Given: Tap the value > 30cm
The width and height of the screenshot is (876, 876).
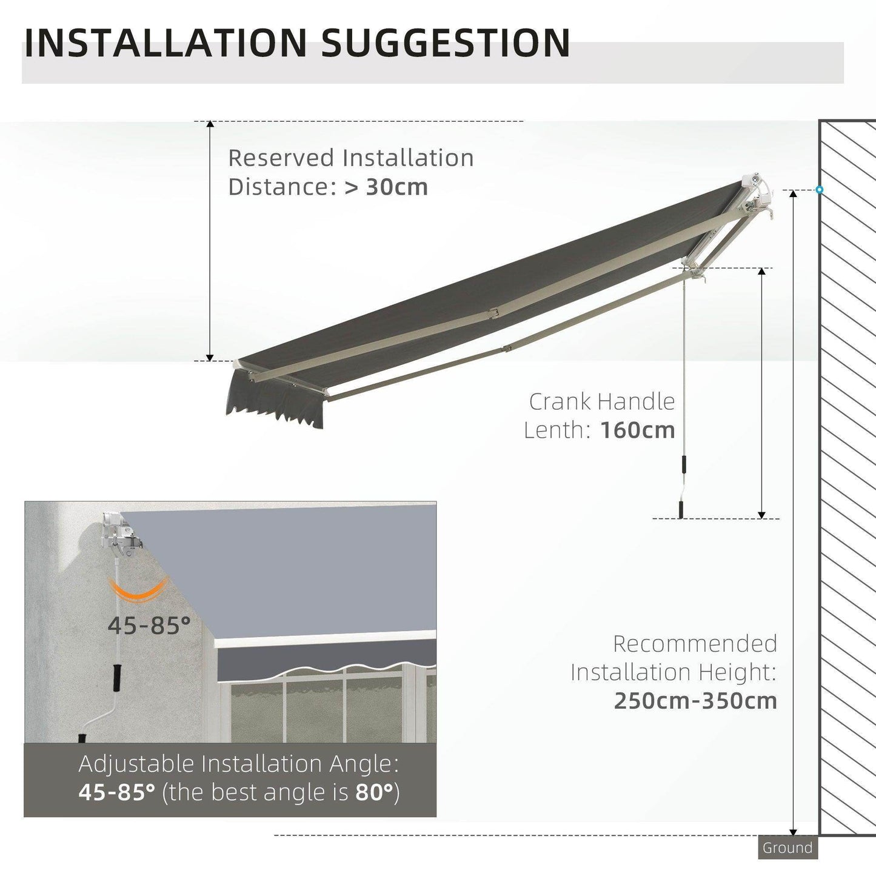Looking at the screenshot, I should click(386, 187).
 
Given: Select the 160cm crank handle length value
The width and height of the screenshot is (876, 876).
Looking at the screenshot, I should click(637, 430).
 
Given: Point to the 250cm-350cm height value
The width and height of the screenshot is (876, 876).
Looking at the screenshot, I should click(695, 701).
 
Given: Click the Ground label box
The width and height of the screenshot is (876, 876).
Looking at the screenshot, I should click(787, 848).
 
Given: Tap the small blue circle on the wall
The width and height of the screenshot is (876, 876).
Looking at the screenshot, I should click(819, 190).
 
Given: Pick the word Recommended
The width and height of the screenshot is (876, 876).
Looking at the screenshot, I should click(695, 643).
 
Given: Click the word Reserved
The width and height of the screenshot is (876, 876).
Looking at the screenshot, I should click(281, 158).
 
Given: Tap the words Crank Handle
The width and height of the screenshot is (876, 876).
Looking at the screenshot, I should click(601, 401).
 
